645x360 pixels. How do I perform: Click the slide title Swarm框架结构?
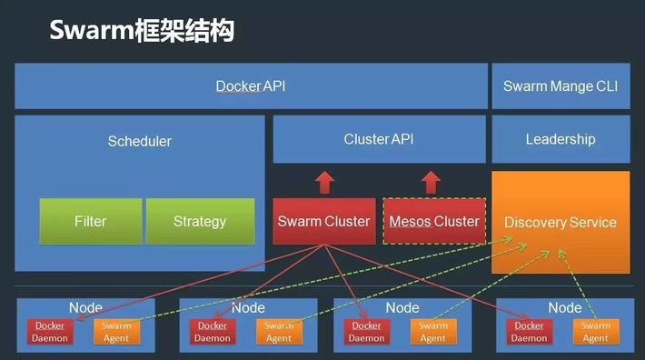(x=142, y=31)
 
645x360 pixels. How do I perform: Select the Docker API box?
(x=250, y=86)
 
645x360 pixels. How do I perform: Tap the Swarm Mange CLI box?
(x=560, y=86)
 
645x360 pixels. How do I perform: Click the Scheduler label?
(x=139, y=141)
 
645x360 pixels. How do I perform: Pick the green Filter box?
(x=90, y=221)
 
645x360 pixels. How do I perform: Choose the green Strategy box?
(x=200, y=221)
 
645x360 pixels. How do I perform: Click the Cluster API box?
(x=379, y=139)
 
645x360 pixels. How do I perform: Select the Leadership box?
(x=560, y=139)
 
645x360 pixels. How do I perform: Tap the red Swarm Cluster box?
(x=323, y=221)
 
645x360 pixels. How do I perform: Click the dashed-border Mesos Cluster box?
(x=433, y=221)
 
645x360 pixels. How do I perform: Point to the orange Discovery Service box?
(x=560, y=222)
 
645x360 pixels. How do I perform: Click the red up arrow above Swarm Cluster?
(x=323, y=182)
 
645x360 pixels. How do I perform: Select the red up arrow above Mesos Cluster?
(x=433, y=182)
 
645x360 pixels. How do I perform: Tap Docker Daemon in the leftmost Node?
(x=50, y=332)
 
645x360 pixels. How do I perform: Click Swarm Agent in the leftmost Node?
(x=116, y=332)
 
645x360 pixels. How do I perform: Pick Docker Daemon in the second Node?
(x=213, y=332)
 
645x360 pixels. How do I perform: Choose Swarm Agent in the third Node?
(x=433, y=332)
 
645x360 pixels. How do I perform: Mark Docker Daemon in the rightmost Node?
(x=529, y=332)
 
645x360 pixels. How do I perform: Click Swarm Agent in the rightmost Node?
(x=595, y=332)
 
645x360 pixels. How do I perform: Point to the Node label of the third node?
(x=402, y=307)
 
